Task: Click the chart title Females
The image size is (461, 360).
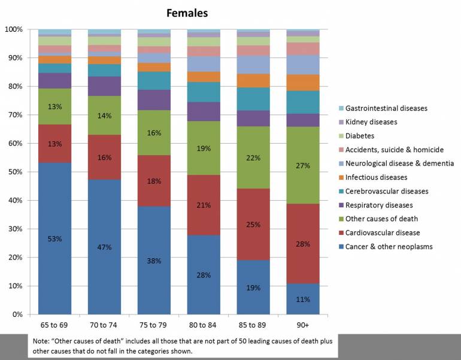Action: [187, 13]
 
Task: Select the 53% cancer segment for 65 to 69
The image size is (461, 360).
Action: [55, 238]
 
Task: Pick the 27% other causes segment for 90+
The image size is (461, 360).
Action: [303, 165]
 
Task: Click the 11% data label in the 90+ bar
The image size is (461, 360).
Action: [303, 300]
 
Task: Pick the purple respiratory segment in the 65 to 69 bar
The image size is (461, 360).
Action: [55, 81]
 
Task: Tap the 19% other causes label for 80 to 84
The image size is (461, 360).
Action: [204, 148]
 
